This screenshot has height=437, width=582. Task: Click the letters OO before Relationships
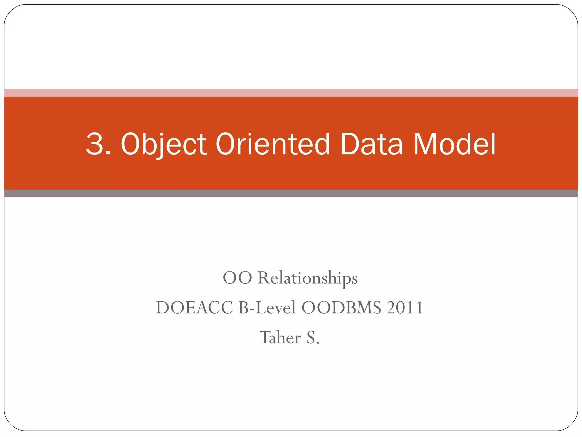237,278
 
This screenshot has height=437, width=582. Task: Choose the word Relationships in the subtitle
308,278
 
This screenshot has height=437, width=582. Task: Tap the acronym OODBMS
341,308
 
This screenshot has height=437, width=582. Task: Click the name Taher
280,337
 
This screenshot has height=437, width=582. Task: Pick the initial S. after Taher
313,337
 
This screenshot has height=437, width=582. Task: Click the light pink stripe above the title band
291,93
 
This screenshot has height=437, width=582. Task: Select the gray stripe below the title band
291,193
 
